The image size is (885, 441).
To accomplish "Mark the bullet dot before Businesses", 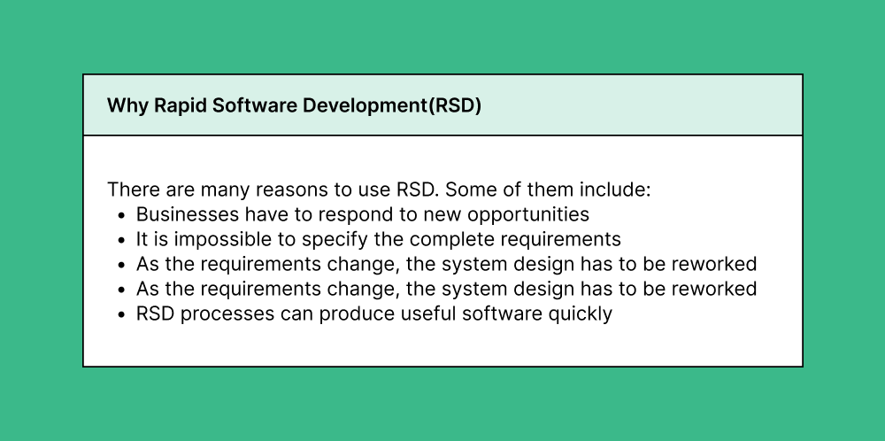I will pos(122,215).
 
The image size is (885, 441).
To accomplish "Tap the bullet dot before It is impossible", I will pos(122,240).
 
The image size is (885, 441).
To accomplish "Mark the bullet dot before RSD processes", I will pos(122,314).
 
